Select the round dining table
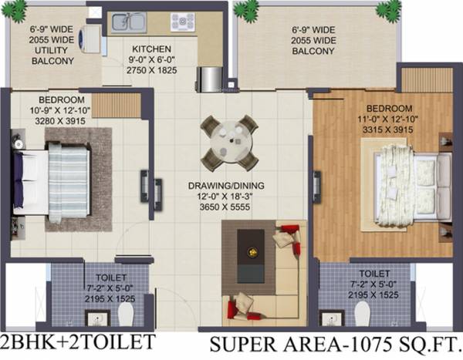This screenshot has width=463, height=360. tap(228, 141)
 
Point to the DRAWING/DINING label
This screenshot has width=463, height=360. tap(224, 185)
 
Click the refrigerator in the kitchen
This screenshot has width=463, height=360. tap(210, 78)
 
